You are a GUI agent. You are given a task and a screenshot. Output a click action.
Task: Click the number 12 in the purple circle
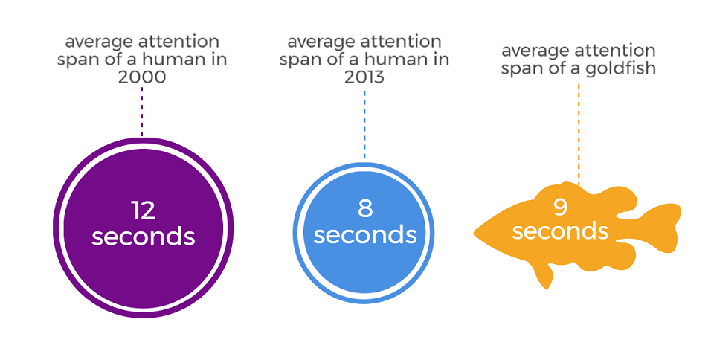[143, 210]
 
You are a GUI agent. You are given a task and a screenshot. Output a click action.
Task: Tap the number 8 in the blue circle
[365, 208]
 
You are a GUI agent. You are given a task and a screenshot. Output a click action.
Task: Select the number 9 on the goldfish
[561, 206]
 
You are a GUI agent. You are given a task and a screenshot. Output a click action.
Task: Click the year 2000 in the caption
[142, 77]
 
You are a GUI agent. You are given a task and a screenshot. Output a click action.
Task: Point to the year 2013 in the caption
[364, 77]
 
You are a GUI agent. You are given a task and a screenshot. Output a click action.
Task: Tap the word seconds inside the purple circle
[144, 237]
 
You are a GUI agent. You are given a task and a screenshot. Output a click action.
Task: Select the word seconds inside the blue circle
[365, 235]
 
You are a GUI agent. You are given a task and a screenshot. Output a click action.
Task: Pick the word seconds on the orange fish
[561, 231]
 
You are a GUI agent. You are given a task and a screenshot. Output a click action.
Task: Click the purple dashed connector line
[142, 112]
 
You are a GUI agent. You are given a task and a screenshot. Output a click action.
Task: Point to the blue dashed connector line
[364, 124]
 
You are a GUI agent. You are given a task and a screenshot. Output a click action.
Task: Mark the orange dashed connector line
[579, 135]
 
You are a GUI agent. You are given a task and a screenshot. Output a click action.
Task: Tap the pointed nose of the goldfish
[476, 233]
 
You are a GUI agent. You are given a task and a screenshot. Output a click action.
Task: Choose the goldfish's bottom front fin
[544, 275]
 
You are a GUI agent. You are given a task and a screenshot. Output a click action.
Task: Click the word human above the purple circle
[171, 60]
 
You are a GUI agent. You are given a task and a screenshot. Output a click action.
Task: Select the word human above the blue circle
[393, 60]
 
